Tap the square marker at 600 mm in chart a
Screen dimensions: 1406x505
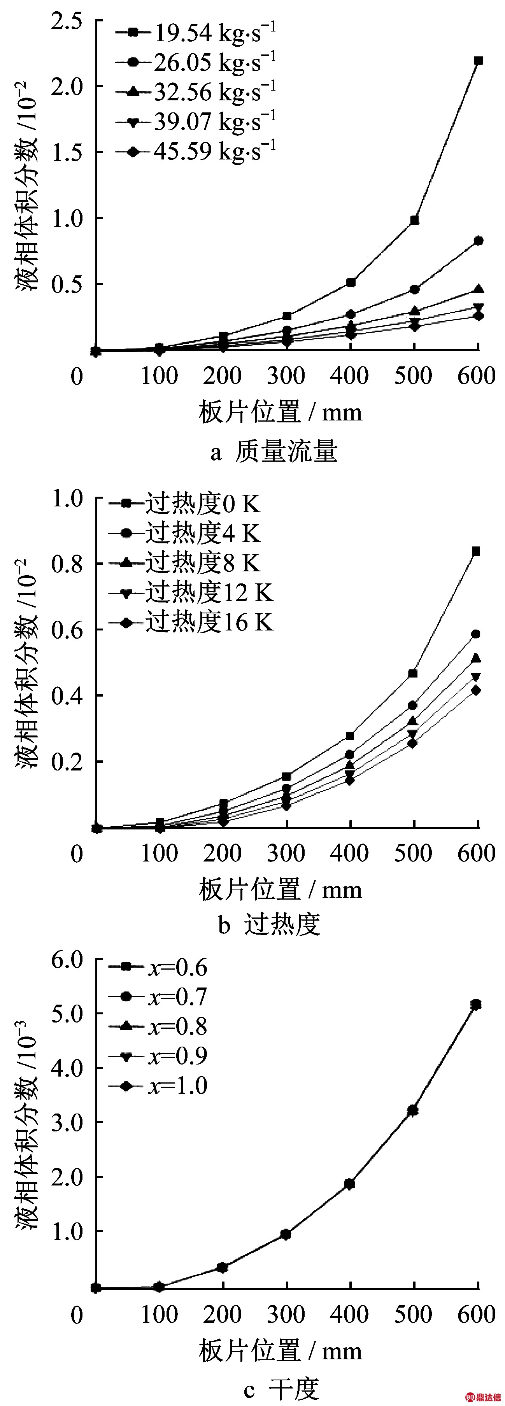(x=478, y=61)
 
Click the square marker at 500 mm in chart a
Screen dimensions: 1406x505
(x=414, y=220)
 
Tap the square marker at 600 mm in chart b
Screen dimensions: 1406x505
(x=476, y=551)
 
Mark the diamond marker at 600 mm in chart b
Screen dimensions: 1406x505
(x=476, y=690)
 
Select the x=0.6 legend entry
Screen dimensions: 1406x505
(x=158, y=967)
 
